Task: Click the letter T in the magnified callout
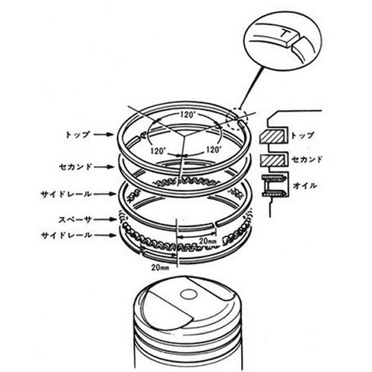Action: point(285,33)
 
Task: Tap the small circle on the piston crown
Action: point(189,294)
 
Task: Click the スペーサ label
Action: point(75,219)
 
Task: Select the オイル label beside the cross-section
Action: point(305,185)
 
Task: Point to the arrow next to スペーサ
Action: point(106,219)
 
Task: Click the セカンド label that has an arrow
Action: point(75,167)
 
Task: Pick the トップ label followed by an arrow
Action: point(77,135)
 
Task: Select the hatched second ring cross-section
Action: point(273,160)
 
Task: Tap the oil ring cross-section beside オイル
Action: point(274,185)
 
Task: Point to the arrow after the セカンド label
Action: point(104,167)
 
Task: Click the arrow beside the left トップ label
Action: point(103,135)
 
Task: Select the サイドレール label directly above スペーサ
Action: point(67,194)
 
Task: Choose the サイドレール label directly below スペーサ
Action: point(67,236)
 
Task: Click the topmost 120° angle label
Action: point(187,115)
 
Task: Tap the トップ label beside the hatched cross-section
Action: point(303,136)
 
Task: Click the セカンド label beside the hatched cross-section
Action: point(307,160)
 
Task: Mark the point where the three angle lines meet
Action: point(184,136)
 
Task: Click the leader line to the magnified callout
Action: point(252,88)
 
